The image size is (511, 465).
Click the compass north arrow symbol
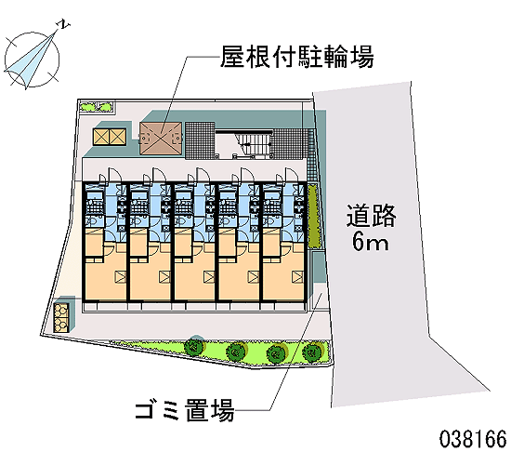click(x=32, y=60)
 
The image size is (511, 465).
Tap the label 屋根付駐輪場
click(x=297, y=57)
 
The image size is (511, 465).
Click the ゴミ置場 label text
click(x=185, y=410)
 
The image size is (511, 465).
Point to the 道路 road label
click(x=371, y=216)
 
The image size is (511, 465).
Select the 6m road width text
click(x=371, y=242)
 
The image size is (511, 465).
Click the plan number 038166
click(x=473, y=439)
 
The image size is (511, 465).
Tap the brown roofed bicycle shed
click(x=161, y=139)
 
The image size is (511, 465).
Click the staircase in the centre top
click(x=244, y=144)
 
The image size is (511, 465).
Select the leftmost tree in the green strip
click(x=194, y=346)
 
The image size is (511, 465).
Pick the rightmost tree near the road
click(x=312, y=352)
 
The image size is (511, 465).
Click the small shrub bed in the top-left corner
click(x=97, y=107)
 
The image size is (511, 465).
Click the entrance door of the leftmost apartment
click(x=113, y=175)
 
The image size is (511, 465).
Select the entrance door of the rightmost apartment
click(x=292, y=175)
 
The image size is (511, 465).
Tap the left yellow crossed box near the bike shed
click(x=100, y=137)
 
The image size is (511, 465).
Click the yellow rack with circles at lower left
click(x=61, y=318)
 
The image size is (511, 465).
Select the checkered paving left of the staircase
click(x=200, y=140)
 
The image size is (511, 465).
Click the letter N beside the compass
click(x=64, y=24)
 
